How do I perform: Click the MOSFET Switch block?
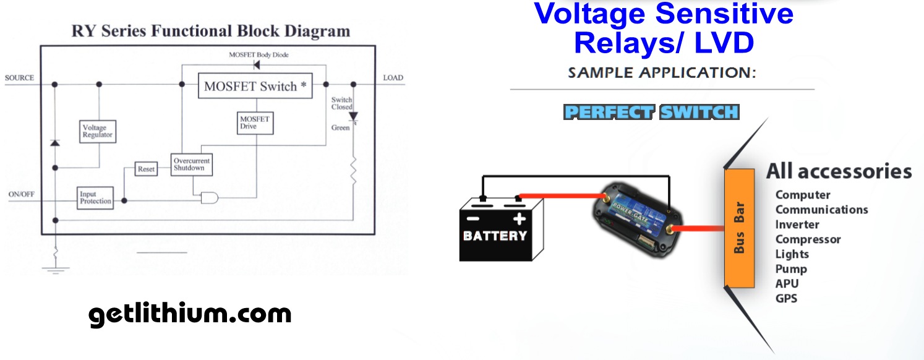(x=255, y=86)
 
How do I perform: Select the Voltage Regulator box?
(x=98, y=131)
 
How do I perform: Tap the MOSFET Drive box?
(x=255, y=123)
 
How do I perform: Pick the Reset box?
(x=146, y=169)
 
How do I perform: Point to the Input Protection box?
(x=96, y=198)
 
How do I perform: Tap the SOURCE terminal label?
(x=19, y=78)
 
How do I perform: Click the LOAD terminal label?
(x=393, y=78)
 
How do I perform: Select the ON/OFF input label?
(x=22, y=194)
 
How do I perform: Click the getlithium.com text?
(x=190, y=314)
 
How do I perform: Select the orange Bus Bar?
(x=739, y=228)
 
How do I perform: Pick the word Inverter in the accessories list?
(x=797, y=225)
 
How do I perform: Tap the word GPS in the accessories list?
(x=786, y=299)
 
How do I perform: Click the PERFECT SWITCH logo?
(x=651, y=113)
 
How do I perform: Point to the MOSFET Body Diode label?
(x=259, y=55)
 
